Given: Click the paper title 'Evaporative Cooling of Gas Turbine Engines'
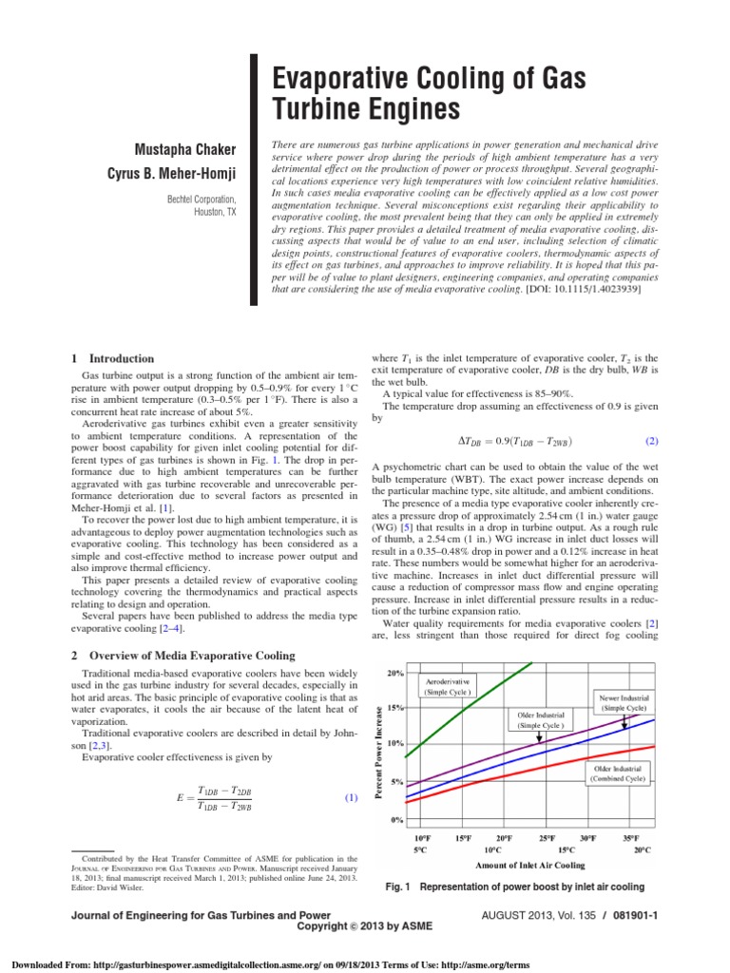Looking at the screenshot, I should (x=431, y=92).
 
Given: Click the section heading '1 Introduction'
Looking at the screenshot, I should (x=113, y=358).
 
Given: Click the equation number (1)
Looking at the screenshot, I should (x=350, y=798).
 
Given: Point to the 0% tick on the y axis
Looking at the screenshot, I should (x=396, y=818).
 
